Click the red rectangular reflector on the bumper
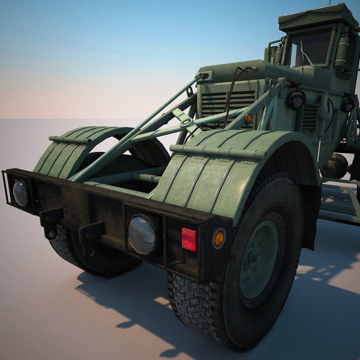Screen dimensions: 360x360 coord(189,239)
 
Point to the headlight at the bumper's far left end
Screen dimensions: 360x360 coord(20,193)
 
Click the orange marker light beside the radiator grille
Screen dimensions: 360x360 coord(249,118)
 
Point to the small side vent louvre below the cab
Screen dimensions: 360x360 coord(310,117)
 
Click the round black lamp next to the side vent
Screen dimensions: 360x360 coord(296,100)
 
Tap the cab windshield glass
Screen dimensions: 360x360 coord(312,48)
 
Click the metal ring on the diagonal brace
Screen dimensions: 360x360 coord(187,123)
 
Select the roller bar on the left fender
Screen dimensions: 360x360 coord(70,139)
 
